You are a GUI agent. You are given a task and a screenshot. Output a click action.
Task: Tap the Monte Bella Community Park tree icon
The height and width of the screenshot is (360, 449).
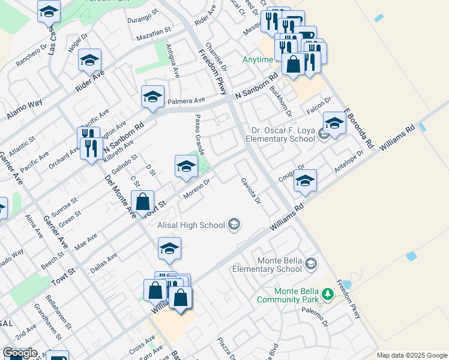click(328, 294)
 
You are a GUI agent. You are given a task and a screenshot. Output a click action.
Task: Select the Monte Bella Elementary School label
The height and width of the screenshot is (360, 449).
click(279, 265)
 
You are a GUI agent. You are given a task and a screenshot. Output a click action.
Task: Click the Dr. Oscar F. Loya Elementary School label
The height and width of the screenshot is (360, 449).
click(283, 134)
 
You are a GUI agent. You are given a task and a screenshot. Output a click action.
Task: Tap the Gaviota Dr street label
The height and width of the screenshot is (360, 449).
click(251, 191)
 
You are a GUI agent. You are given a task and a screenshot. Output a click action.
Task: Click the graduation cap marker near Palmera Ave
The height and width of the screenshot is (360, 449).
click(153, 97)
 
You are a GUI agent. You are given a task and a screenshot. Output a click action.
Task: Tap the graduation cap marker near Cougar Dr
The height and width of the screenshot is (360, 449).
click(306, 181)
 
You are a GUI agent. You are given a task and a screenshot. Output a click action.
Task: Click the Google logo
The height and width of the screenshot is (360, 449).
click(19, 353)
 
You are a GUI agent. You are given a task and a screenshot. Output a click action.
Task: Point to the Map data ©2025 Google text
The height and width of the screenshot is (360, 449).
click(412, 355)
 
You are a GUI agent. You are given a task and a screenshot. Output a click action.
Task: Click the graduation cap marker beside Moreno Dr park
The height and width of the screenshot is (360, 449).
click(186, 166)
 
